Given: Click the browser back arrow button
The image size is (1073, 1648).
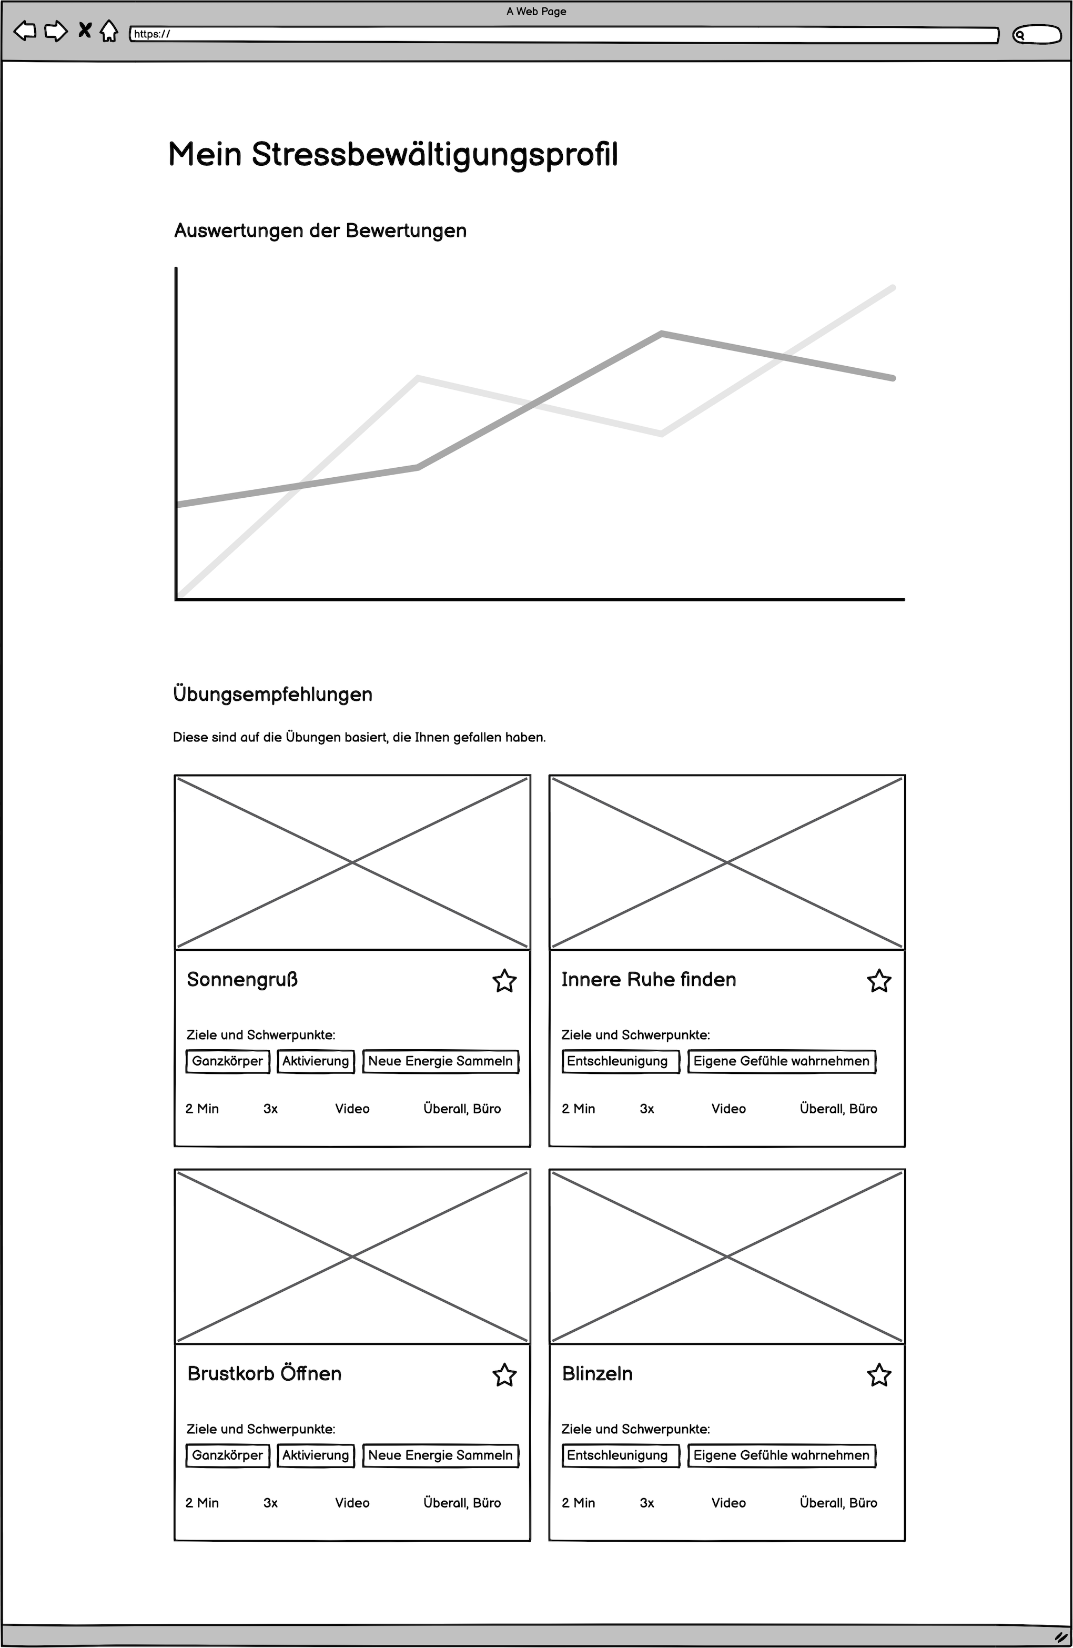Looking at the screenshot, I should coord(25,31).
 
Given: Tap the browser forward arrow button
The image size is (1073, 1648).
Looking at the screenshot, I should coord(55,31).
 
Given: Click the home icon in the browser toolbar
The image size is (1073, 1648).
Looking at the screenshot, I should coord(109,31).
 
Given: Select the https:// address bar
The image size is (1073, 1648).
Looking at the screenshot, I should coord(563,35).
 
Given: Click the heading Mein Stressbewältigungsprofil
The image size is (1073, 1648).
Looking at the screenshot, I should coord(392,154).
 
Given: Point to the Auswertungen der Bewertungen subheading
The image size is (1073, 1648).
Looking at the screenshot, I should coord(320,230).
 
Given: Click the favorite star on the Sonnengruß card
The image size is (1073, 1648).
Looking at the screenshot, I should coord(504,981).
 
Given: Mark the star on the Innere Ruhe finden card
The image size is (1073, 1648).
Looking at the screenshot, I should coord(878,981).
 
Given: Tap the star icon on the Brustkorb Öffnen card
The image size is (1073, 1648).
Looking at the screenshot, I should coord(504,1375).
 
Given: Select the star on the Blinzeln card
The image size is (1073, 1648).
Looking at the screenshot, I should coord(878,1375).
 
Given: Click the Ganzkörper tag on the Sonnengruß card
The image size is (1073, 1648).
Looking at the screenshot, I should coord(227,1061).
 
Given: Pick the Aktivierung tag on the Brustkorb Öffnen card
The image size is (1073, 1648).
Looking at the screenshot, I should coord(316,1455).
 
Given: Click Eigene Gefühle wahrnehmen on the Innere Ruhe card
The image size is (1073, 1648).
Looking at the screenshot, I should coord(781,1061).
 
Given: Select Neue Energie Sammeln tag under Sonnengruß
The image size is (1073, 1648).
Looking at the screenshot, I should coord(440,1061).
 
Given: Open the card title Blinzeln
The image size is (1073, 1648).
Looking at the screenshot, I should coord(597,1374).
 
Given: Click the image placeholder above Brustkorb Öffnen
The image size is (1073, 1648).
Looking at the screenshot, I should coord(352,1256).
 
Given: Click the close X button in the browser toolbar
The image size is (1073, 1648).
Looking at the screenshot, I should coord(85,31).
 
